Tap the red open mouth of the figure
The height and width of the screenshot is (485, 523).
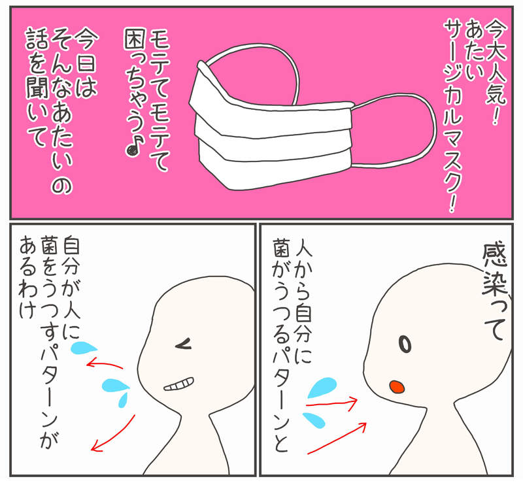coord(397,386)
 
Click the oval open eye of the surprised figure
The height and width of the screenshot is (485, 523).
coord(405,344)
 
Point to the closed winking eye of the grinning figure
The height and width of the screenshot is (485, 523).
coord(184,343)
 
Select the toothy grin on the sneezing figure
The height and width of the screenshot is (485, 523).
coord(178,384)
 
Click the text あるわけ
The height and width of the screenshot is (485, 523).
coord(27,278)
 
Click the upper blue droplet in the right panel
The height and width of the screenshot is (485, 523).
coord(322,388)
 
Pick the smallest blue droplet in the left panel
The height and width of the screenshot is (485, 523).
coord(123,399)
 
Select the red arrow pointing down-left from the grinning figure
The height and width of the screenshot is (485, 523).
coord(113,433)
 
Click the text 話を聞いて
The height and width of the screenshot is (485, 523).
coord(36,88)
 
